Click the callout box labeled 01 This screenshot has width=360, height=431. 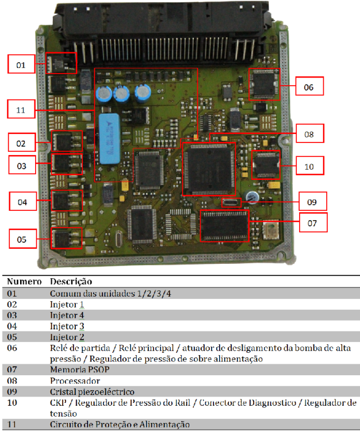coord(21,64)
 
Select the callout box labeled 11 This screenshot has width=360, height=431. coord(21,109)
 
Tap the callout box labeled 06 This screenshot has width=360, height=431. coord(309,86)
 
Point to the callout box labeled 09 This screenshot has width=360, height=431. coord(313,201)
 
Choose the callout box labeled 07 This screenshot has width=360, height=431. coord(313,222)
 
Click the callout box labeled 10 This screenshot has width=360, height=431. coord(310,166)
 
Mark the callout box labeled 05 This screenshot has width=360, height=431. coord(23,238)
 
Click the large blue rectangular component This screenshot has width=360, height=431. coord(109,138)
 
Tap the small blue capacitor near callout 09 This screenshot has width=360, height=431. coord(252,197)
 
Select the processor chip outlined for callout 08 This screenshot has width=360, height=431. coord(209,169)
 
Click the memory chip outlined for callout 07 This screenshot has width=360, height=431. coord(224,226)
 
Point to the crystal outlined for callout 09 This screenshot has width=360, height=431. coord(232,203)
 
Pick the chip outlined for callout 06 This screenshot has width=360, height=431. coord(265,84)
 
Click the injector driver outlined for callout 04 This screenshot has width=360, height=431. coord(67,201)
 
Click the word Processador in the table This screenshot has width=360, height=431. coord(75,381)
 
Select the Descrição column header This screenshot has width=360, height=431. coord(71,282)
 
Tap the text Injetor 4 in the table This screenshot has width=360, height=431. coord(67,315)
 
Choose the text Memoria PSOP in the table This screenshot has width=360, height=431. coord(80,370)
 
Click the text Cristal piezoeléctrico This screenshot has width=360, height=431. coord(92,392)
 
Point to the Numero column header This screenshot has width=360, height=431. coord(24,282)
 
